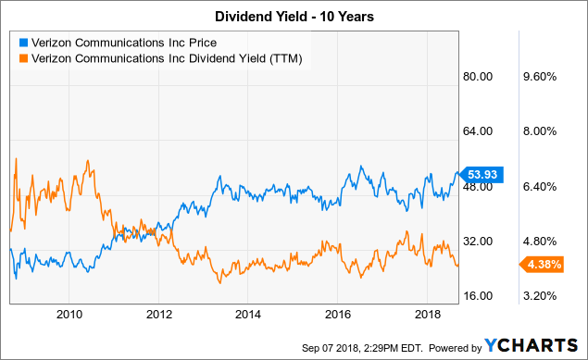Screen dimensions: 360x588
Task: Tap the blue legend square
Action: [x=21, y=42]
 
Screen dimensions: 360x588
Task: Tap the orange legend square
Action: [x=21, y=57]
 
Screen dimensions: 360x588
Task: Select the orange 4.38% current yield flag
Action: [x=537, y=266]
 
